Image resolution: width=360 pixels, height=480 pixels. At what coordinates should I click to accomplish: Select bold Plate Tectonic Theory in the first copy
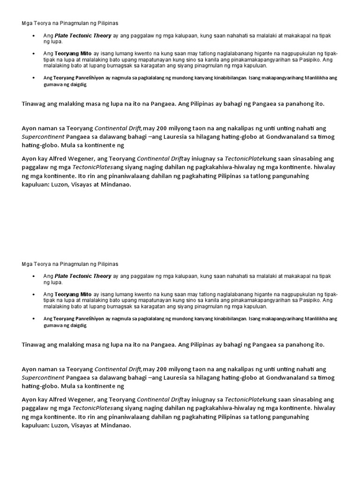point(83,35)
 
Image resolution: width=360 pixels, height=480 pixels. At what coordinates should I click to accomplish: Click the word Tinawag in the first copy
point(34,104)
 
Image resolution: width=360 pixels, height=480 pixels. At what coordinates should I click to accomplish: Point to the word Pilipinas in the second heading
point(107,264)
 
